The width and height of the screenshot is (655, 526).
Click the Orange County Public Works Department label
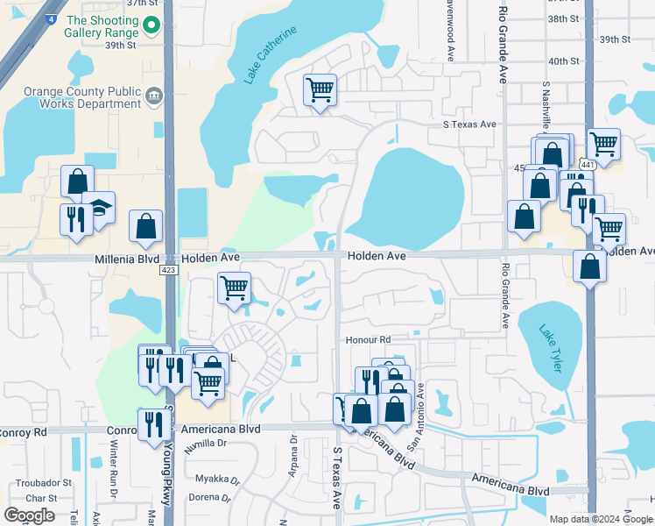(83, 96)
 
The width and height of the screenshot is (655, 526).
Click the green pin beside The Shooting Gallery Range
(152, 26)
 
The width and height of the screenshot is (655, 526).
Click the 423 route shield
(169, 270)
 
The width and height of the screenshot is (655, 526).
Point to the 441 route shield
(588, 164)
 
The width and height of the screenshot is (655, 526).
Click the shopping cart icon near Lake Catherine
(320, 89)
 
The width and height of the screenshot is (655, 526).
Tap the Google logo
(30, 515)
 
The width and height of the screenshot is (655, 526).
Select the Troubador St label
(42, 483)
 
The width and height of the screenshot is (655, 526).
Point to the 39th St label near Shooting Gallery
(122, 45)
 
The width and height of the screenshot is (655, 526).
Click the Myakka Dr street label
(216, 480)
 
